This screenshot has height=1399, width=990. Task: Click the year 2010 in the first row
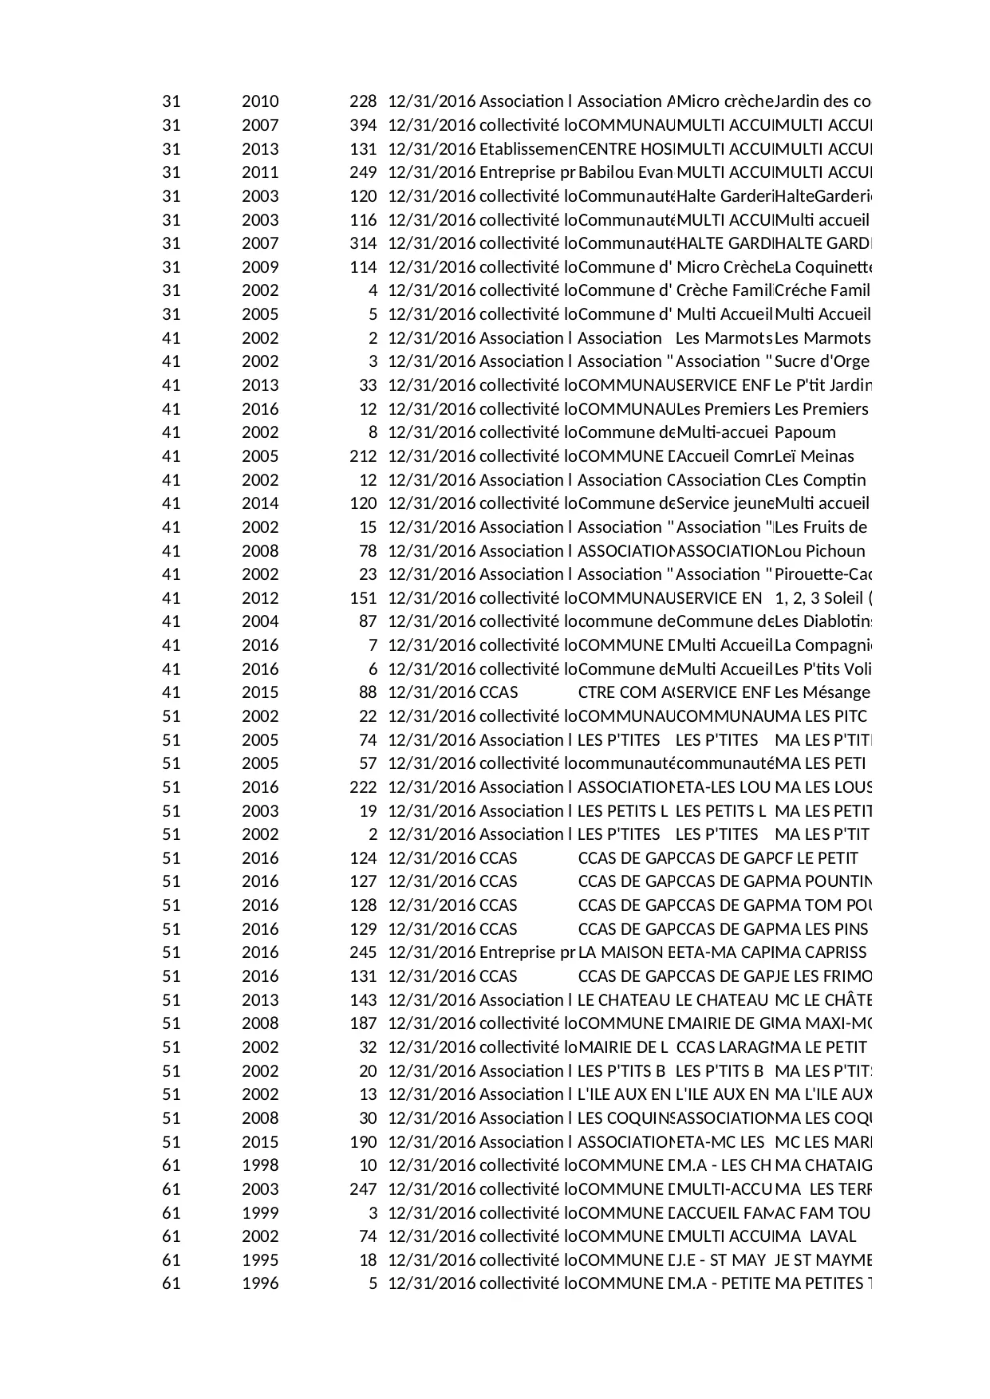[x=260, y=101]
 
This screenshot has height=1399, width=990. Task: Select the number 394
[x=363, y=125]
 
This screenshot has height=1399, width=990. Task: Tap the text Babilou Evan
[x=625, y=172]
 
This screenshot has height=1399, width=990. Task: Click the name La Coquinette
[x=822, y=267]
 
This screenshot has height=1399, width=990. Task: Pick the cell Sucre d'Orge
[x=822, y=361]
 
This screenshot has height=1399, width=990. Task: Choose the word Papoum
[x=805, y=432]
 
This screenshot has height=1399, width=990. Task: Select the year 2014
[x=260, y=503]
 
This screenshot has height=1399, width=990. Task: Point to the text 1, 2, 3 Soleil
[x=822, y=598]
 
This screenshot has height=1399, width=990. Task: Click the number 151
[x=363, y=598]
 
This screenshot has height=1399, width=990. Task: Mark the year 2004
[x=260, y=621]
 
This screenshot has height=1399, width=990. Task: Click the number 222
[x=363, y=787]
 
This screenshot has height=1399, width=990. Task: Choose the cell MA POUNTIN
[x=822, y=881]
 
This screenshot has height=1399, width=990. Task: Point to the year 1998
[x=260, y=1165]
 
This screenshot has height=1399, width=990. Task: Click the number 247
[x=363, y=1189]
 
